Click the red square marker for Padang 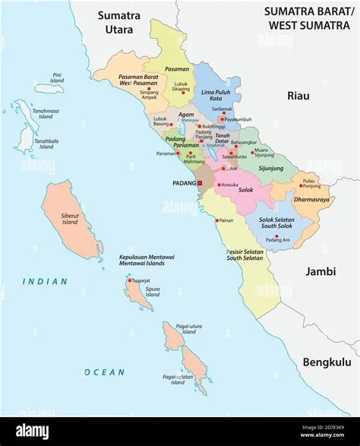pyautogui.click(x=200, y=183)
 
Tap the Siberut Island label pyautogui.click(x=70, y=219)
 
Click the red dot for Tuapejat pyautogui.click(x=131, y=280)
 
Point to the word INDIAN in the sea pyautogui.click(x=44, y=281)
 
